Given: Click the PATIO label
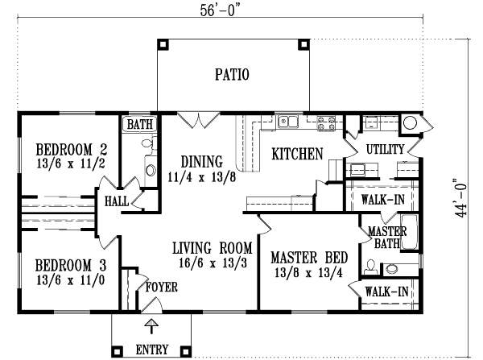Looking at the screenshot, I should coord(232,75).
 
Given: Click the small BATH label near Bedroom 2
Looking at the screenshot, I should coord(140,125).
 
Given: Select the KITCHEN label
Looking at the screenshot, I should coord(296,153).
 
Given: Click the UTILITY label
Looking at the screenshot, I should coord(384,149).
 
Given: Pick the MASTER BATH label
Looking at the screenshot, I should coord(388,237).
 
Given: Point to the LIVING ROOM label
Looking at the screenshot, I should coord(213,247).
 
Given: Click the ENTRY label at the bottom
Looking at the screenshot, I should coord(151,350).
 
